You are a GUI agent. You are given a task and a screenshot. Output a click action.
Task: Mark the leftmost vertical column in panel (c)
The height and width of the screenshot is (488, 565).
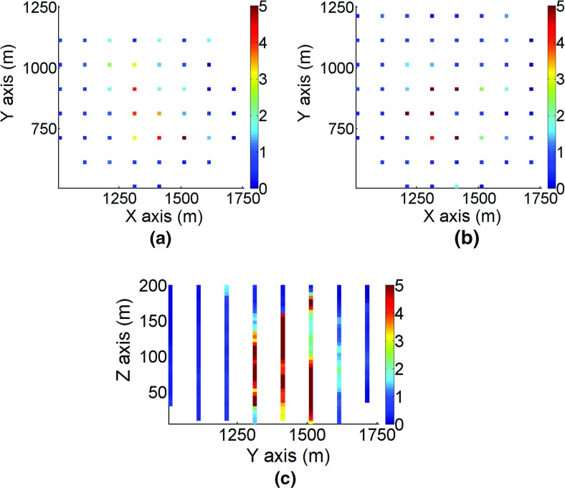tap(170, 345)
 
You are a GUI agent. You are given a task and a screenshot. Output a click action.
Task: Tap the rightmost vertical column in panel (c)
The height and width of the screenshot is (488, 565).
tap(366, 343)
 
